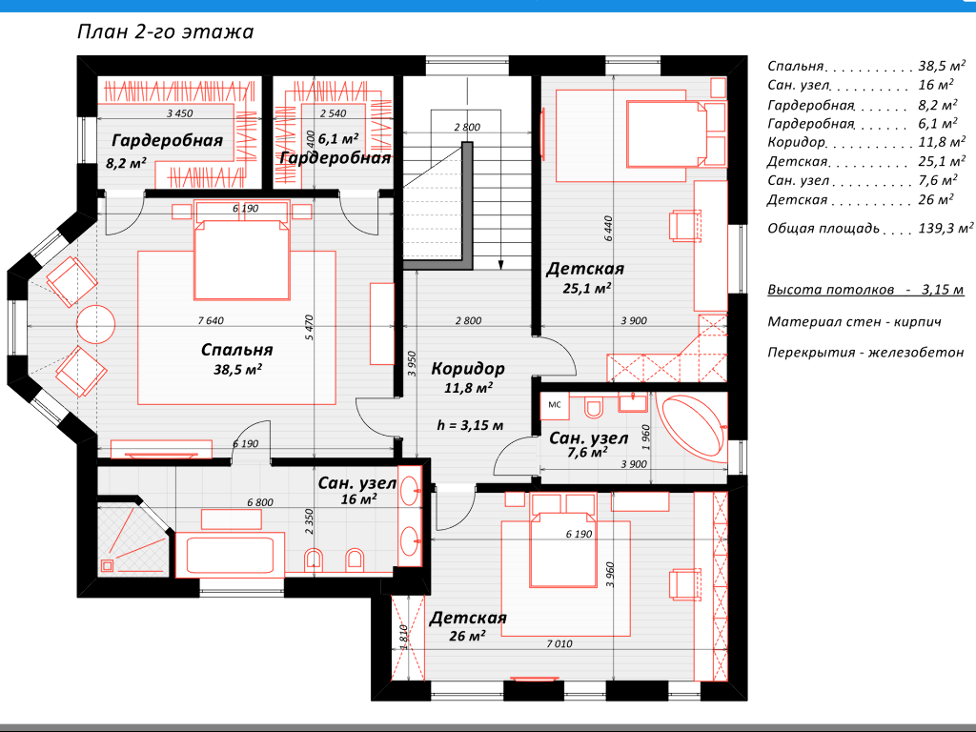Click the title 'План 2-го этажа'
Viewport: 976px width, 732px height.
(166, 31)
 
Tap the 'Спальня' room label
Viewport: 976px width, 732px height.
(237, 350)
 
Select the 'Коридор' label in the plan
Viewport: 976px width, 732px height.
(468, 369)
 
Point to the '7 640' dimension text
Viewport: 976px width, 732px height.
(211, 320)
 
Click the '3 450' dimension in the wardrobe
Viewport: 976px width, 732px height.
(180, 113)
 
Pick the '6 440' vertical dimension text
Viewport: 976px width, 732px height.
(608, 229)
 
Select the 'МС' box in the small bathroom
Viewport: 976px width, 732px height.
(555, 405)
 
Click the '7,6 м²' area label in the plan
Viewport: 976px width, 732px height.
(587, 453)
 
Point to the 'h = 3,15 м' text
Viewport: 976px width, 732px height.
(470, 426)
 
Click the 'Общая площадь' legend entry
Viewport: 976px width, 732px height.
(823, 229)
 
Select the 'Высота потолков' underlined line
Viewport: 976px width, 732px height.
(865, 290)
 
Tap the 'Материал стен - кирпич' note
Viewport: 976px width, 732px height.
(854, 322)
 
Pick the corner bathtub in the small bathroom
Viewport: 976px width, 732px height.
(694, 428)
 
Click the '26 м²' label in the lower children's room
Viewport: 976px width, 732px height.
(467, 636)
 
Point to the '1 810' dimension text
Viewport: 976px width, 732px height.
(403, 638)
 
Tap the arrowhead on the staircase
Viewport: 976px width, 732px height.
(500, 265)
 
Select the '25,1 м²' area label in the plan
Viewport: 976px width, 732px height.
(586, 288)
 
